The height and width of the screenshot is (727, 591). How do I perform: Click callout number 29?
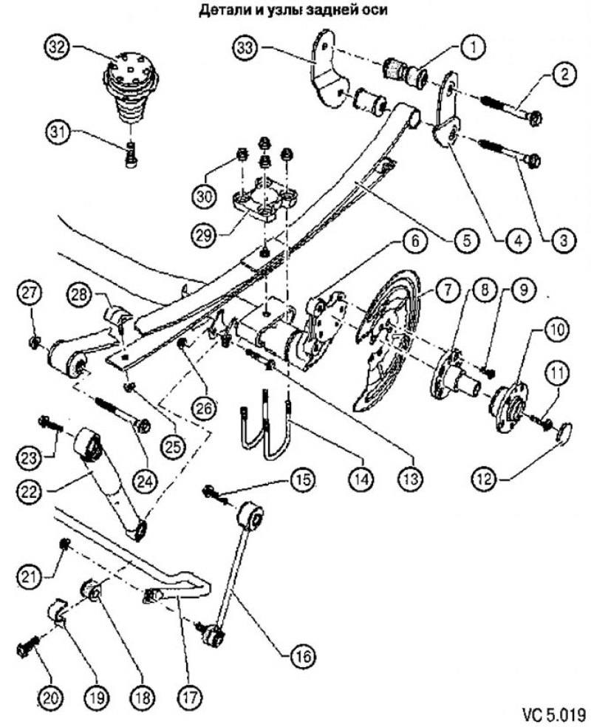coord(205,236)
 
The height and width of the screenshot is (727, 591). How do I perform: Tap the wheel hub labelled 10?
coord(510,398)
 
